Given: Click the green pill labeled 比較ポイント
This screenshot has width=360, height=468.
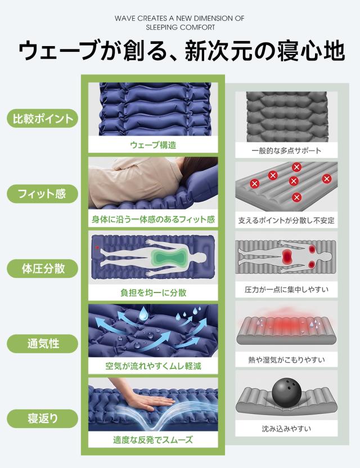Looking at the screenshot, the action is (x=42, y=119).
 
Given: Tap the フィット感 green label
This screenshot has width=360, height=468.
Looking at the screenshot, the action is (x=42, y=193).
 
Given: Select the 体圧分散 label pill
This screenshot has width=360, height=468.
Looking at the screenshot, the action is (x=42, y=269).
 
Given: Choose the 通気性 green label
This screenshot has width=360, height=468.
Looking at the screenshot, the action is (x=42, y=344).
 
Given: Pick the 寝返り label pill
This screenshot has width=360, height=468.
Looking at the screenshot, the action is (x=42, y=418).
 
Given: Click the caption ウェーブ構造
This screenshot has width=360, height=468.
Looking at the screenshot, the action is (x=153, y=145).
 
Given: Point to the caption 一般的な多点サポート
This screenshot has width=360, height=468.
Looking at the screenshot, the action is (x=286, y=151).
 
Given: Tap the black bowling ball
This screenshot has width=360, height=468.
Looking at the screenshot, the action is (x=286, y=393).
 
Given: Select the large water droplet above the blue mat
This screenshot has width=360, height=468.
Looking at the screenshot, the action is (x=143, y=313).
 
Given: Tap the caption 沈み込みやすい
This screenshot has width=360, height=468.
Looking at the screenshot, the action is (x=286, y=429).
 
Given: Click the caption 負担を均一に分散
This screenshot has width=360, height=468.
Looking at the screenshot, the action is (x=153, y=292).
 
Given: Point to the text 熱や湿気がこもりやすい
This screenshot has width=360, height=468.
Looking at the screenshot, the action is (x=286, y=360).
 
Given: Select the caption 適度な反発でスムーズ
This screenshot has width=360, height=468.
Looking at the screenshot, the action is (x=153, y=440).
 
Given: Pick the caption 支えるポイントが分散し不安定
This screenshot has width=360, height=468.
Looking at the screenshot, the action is (x=286, y=220).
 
